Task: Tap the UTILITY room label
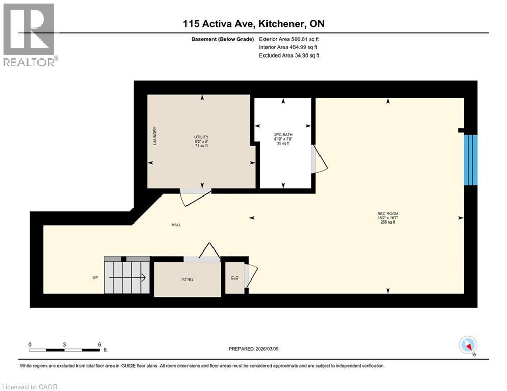coord(202,137)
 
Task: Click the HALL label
coord(176,225)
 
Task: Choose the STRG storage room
coord(186,279)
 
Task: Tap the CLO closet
coord(234,278)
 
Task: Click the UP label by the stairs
coord(95,277)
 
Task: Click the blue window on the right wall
coord(472,160)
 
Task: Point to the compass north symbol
coord(468,346)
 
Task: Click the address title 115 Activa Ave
coord(253,24)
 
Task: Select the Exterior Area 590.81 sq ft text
coord(289,39)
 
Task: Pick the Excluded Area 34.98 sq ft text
coord(289,55)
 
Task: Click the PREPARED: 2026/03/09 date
coord(253,349)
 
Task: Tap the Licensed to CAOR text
coord(30,387)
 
